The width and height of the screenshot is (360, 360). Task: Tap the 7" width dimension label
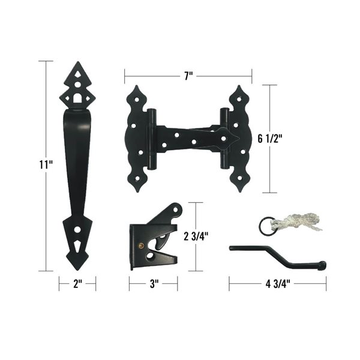point(188,76)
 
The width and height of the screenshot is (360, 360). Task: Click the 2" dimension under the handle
point(77,284)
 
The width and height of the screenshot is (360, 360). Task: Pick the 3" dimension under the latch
point(153,284)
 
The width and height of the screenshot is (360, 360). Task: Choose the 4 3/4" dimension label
point(278,284)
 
